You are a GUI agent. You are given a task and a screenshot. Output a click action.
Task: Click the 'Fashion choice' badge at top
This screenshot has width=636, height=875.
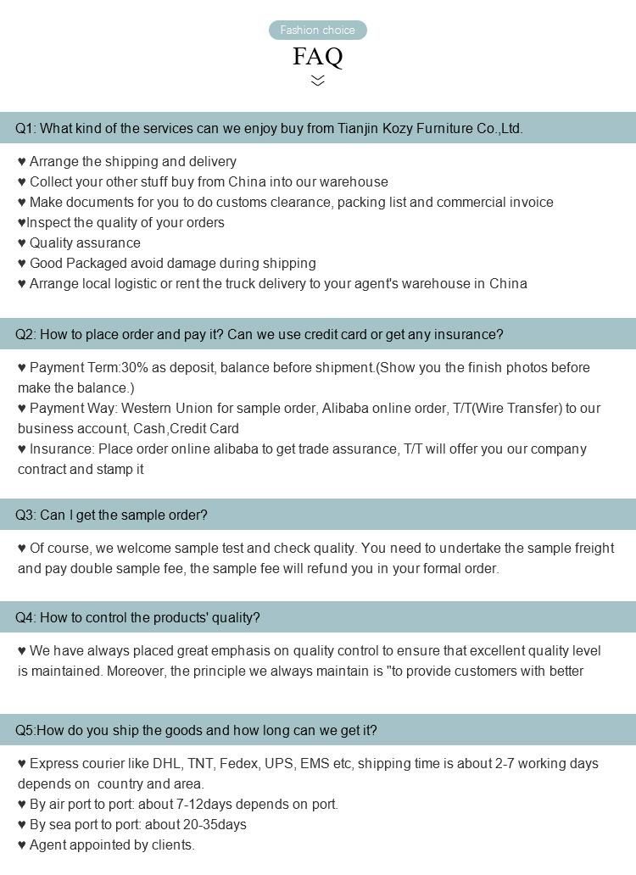pos(318,31)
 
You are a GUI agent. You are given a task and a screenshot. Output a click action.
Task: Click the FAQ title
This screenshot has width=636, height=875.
pos(318,57)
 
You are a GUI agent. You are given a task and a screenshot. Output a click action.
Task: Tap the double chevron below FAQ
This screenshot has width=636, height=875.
pos(318,81)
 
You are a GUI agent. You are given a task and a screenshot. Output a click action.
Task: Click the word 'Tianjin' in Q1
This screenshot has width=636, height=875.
pos(360,129)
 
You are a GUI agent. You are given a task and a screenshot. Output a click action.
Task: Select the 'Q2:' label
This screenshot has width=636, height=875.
pos(25,335)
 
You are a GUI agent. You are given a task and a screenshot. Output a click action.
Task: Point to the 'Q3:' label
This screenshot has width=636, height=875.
pos(25,516)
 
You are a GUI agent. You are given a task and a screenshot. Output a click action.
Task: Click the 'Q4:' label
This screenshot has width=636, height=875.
pos(25,618)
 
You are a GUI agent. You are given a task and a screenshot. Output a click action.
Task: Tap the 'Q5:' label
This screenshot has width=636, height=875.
pos(25,731)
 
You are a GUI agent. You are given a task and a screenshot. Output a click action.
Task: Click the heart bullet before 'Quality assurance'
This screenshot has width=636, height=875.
pos(22,243)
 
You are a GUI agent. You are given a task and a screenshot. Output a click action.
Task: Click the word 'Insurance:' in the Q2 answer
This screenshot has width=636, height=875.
pos(62,449)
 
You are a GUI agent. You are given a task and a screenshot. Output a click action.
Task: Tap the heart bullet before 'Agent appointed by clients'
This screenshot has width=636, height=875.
pos(22,845)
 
